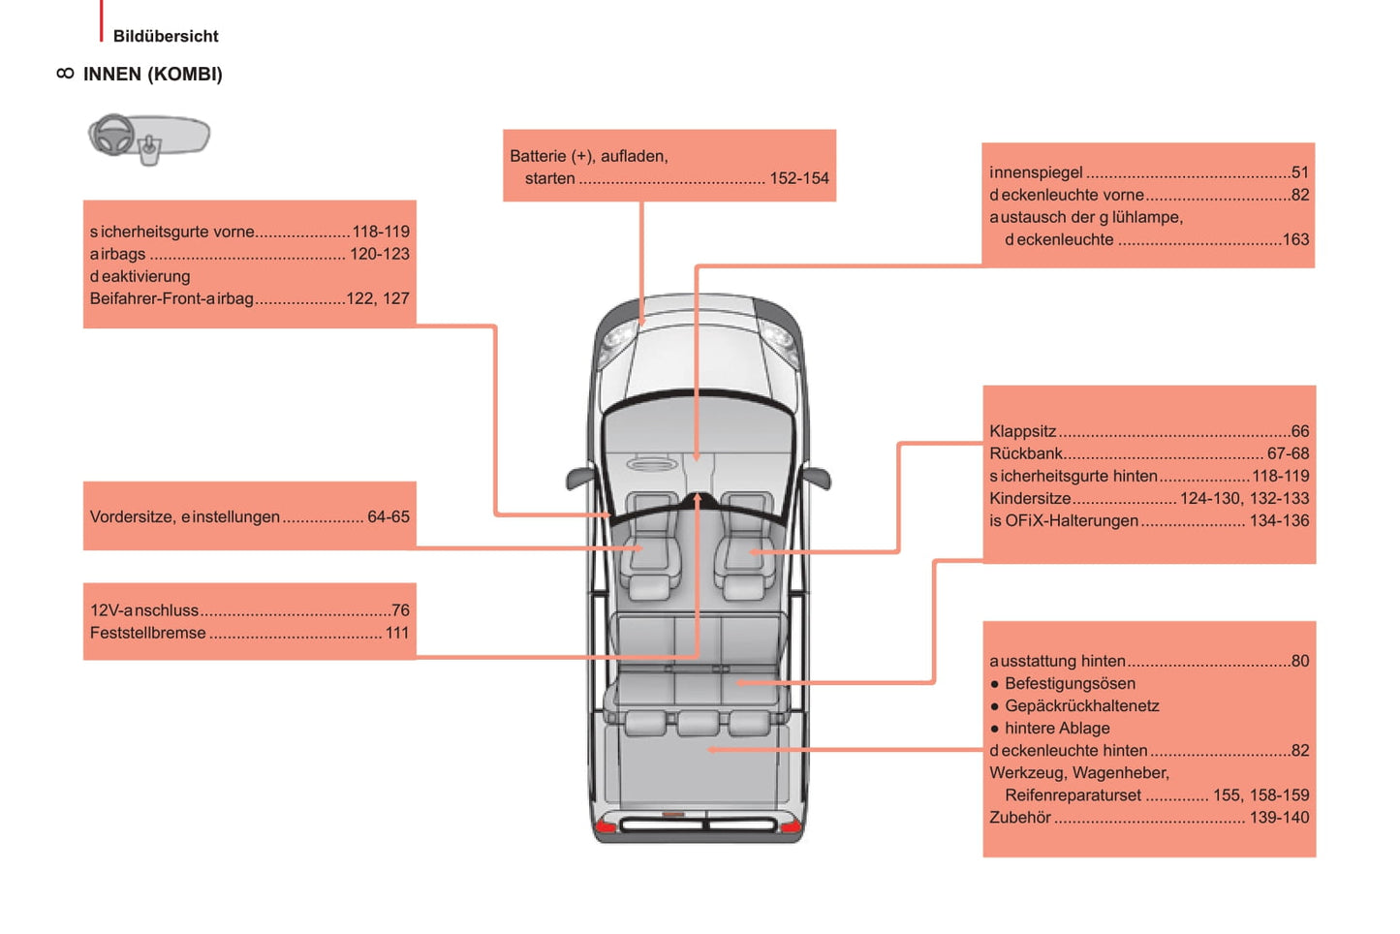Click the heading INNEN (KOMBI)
coord(152,75)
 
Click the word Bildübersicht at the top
coord(166,36)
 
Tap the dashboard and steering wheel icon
coord(149,139)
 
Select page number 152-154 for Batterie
coord(798,178)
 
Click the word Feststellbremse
coord(147,633)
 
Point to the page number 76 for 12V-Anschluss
coord(400,610)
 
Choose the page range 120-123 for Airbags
coord(380,254)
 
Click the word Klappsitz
coord(1022,431)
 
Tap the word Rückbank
coord(1026,453)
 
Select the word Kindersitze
coord(1030,498)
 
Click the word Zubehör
coord(1020,817)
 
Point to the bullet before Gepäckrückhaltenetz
coord(994,706)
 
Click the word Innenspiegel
coord(1036,171)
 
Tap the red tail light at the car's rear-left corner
coord(605,826)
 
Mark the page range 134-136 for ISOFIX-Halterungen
coord(1279,520)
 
